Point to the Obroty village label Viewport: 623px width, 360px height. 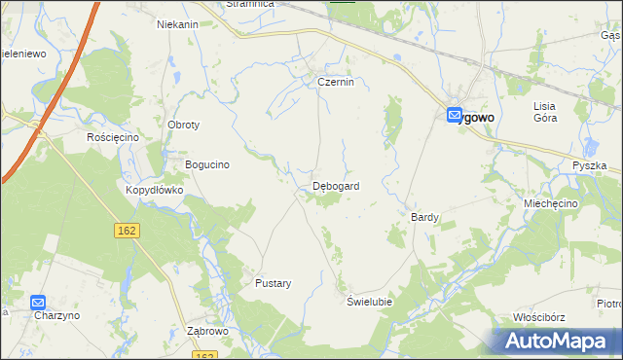tap(184, 126)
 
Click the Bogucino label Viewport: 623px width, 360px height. tap(206, 164)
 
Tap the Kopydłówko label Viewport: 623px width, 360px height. tap(154, 190)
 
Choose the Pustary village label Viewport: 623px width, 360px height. tap(273, 283)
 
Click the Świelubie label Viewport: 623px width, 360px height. tap(370, 302)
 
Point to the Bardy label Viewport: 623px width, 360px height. tap(425, 217)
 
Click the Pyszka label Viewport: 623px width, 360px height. tap(590, 166)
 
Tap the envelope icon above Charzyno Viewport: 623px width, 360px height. tap(38, 303)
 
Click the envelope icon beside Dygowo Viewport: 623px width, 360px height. tap(455, 116)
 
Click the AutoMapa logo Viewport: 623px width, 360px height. tap(557, 342)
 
